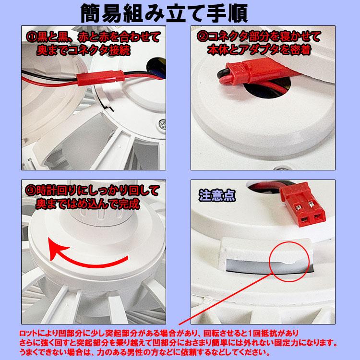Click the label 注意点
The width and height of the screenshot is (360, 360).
tap(216, 194)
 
